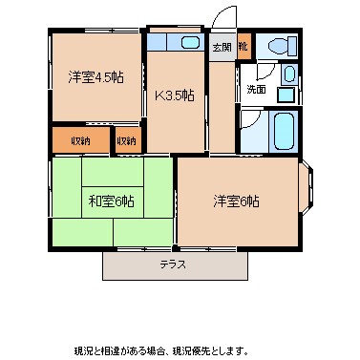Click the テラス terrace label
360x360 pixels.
pos(173,265)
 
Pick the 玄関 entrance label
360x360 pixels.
pos(222,46)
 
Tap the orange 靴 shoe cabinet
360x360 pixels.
pos(244,46)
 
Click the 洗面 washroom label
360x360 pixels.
pos(257,90)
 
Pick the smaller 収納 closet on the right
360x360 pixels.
pos(126,140)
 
